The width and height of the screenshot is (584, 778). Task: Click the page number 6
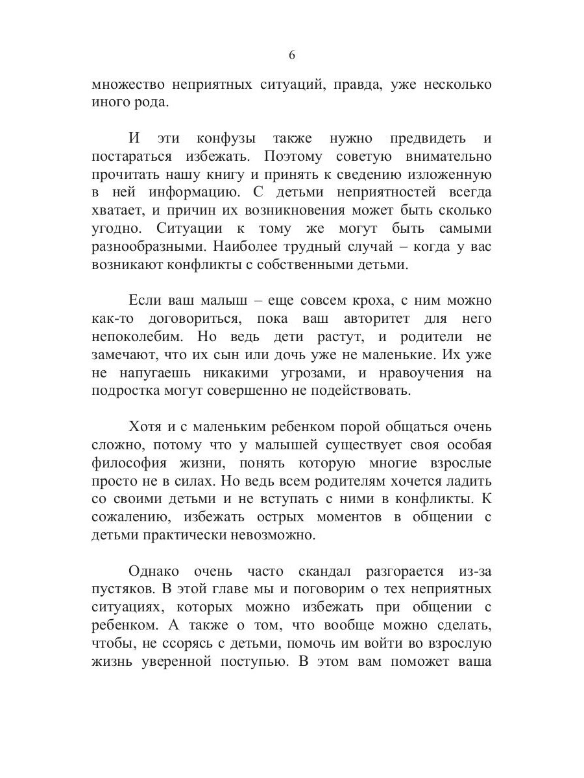pyautogui.click(x=291, y=56)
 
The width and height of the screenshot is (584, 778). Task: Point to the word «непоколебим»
pyautogui.click(x=134, y=338)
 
